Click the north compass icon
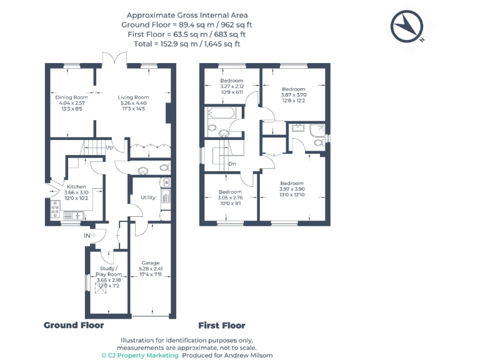tap(407, 26)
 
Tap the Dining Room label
tap(72, 97)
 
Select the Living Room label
tap(134, 97)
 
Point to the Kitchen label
tap(76, 187)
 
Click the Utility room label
tap(148, 197)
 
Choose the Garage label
tap(150, 263)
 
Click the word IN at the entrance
tap(87, 236)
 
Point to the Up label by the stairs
tap(109, 148)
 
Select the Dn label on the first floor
tap(232, 164)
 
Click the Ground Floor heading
tap(74, 325)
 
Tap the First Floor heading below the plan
tap(222, 325)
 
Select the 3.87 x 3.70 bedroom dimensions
tap(293, 94)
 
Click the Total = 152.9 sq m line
tap(187, 44)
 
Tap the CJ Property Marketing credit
tap(140, 355)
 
